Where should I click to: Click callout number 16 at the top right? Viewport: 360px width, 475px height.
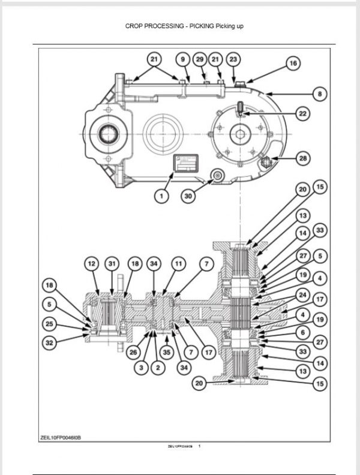tap(293, 63)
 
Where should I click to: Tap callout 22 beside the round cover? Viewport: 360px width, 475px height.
tap(302, 113)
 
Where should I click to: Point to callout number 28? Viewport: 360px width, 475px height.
tap(303, 158)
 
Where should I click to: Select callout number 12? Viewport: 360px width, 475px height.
tap(91, 263)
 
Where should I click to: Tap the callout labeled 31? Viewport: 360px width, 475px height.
tap(112, 263)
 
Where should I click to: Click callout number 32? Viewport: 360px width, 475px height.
tap(50, 344)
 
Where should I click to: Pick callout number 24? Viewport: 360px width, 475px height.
tap(303, 294)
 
